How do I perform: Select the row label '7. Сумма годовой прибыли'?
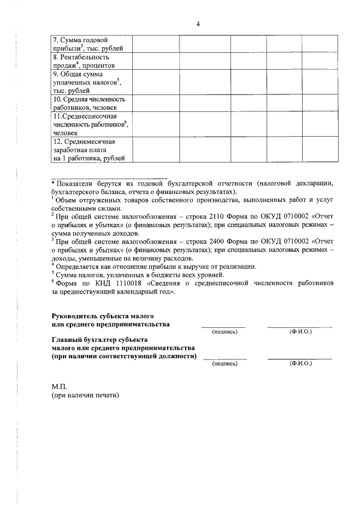pos(84,44)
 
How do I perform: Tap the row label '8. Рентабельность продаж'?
pos(84,61)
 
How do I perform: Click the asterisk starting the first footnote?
pos(53,183)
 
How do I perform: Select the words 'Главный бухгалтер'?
pos(85,340)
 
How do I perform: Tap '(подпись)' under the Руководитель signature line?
pos(224,332)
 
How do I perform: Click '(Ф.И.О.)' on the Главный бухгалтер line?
pos(300,364)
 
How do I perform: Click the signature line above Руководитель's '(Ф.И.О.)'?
pos(299,327)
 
